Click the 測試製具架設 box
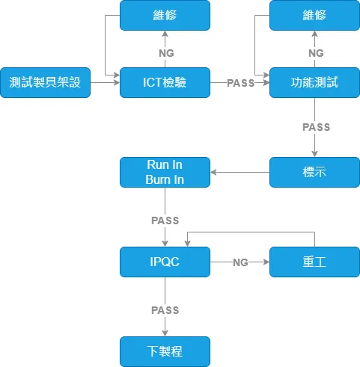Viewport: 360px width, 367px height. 45,82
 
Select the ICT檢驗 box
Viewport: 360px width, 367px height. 165,82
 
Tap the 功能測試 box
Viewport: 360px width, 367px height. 314,82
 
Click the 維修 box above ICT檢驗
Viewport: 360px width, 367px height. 165,15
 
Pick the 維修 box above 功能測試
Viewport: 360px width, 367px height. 314,15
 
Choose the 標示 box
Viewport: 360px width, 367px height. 314,172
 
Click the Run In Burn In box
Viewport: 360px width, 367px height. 165,172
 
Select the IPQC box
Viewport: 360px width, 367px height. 165,262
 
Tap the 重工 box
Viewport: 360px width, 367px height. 314,262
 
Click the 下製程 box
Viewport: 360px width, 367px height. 165,351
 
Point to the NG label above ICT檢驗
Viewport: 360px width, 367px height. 166,53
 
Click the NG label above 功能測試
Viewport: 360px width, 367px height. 316,53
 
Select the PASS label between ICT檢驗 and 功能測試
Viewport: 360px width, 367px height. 240,83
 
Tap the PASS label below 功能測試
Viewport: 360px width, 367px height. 316,127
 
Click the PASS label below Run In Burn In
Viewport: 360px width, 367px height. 165,220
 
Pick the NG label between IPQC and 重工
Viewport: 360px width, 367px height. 240,262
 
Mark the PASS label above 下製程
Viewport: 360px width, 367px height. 165,310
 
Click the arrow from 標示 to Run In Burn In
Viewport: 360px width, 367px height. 240,172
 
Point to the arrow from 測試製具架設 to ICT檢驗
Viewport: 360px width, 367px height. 105,82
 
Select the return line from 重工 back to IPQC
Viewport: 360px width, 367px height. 251,232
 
